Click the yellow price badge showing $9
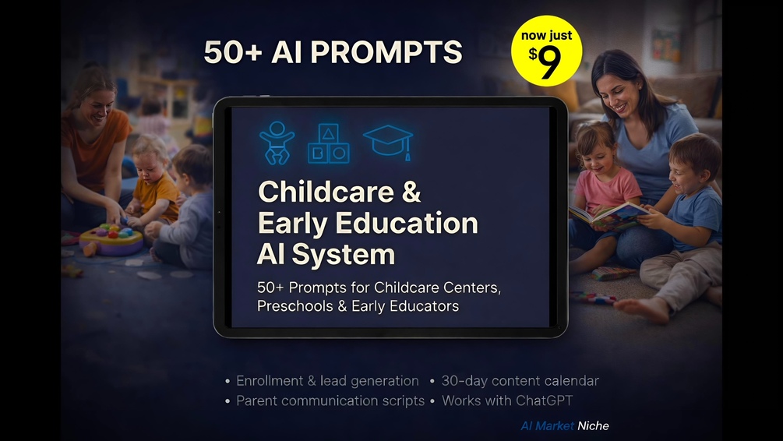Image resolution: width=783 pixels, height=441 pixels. pos(546,51)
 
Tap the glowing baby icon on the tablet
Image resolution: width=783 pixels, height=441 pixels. pos(277,143)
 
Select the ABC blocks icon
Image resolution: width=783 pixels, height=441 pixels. pos(328,143)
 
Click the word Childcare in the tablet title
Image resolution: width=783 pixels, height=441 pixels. pos(326,192)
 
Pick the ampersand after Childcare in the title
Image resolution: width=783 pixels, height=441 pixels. pos(411,192)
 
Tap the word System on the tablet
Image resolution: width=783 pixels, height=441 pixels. pos(344,254)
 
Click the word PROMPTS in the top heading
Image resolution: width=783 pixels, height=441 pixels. pos(386,52)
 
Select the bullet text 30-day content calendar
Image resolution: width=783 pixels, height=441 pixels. pos(520,380)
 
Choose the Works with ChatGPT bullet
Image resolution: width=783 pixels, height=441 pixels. pos(507,400)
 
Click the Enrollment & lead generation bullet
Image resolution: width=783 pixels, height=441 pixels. pos(327,380)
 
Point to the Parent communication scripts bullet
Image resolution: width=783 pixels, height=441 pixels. pos(330,400)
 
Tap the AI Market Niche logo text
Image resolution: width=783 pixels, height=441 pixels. pos(565,425)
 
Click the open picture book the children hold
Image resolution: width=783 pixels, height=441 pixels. pos(608,216)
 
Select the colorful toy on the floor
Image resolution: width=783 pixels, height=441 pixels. pos(111,238)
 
